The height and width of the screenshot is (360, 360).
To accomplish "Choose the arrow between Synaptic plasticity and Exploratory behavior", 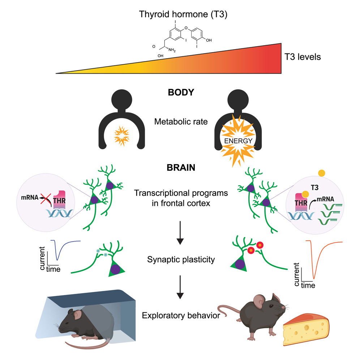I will click(x=179, y=291).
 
